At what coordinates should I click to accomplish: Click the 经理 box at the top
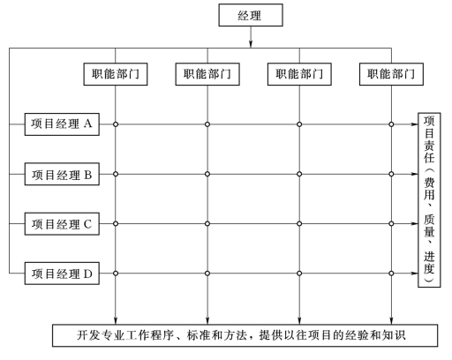click(251, 15)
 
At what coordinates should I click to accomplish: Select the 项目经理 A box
click(62, 124)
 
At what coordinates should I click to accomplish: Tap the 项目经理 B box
click(62, 174)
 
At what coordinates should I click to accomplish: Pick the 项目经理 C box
click(62, 224)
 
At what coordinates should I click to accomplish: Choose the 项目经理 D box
click(62, 274)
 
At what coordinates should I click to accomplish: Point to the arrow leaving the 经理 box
click(251, 37)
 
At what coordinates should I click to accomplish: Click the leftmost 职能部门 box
click(116, 74)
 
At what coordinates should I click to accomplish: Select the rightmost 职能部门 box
click(391, 74)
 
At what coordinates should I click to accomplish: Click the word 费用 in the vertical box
click(429, 189)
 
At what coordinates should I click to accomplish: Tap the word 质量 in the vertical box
click(429, 225)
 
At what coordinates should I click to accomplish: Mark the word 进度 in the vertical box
click(429, 262)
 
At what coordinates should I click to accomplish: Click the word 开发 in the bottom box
click(88, 335)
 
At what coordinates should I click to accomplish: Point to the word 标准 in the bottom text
click(199, 335)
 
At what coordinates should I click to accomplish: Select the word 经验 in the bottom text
click(357, 335)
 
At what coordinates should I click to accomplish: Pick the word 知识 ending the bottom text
click(394, 335)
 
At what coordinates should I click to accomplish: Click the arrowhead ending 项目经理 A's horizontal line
click(415, 124)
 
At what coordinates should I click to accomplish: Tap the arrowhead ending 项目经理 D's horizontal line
click(415, 274)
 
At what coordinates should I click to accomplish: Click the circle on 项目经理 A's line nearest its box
click(116, 124)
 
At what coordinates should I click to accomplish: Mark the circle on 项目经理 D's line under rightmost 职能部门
click(391, 274)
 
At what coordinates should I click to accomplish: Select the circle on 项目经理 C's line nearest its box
click(116, 224)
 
